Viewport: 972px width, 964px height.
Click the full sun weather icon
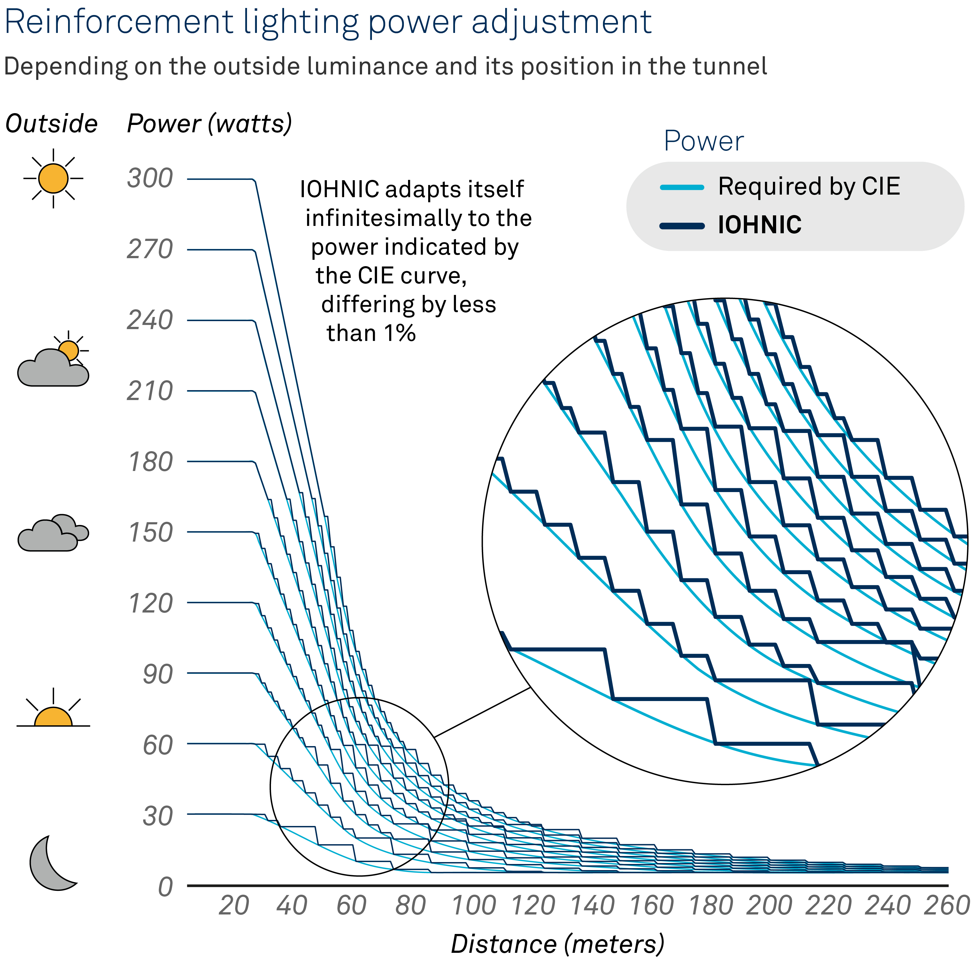click(53, 178)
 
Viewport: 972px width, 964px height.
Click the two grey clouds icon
click(53, 533)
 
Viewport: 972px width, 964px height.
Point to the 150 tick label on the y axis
click(150, 532)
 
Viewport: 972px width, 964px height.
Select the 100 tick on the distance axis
click(474, 906)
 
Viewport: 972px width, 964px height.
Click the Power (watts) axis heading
click(209, 124)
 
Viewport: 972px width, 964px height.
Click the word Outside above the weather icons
click(51, 124)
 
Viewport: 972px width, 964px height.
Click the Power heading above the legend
click(703, 141)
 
